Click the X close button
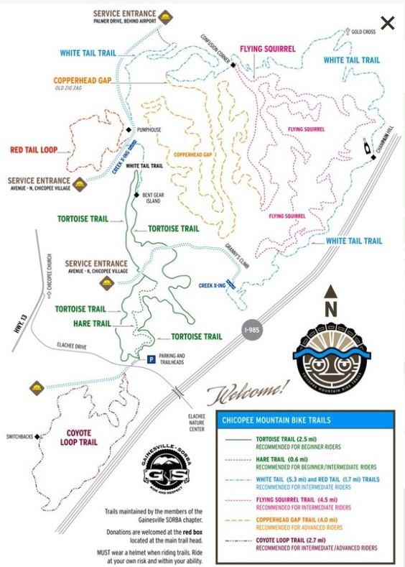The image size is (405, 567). click(387, 23)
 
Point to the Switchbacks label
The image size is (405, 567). click(21, 436)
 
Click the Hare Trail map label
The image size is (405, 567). click(91, 323)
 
